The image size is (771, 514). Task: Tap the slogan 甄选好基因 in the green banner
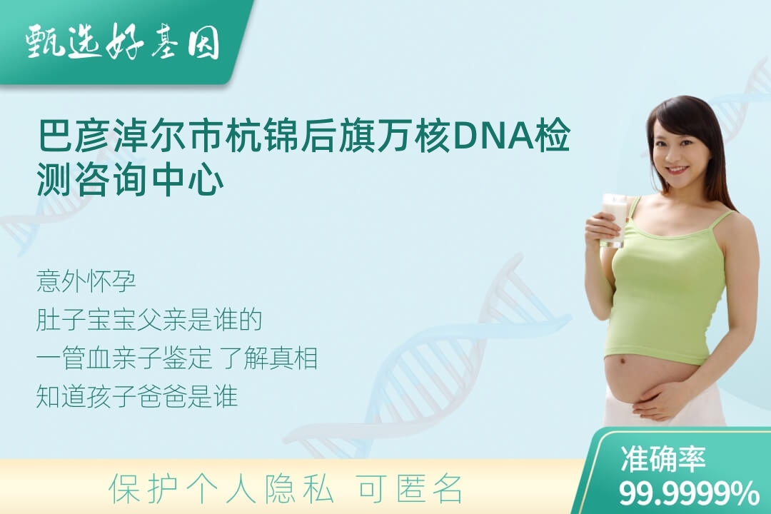(x=123, y=41)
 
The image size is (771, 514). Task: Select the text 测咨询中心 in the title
(x=131, y=181)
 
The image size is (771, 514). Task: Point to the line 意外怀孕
(x=86, y=281)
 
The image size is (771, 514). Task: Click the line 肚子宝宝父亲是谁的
(x=149, y=320)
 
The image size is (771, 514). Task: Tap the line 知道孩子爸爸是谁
(x=137, y=396)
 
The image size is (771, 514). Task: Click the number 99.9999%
(x=688, y=493)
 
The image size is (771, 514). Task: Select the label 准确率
(x=662, y=458)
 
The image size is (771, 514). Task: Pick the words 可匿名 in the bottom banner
(x=410, y=489)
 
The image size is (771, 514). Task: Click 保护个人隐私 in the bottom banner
(x=222, y=489)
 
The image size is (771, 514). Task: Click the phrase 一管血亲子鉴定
(x=124, y=358)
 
